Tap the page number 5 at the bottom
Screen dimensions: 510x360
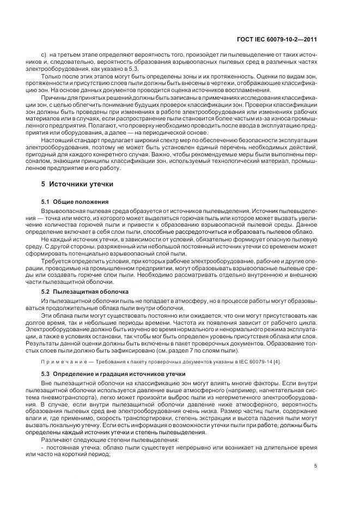[316, 465]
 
